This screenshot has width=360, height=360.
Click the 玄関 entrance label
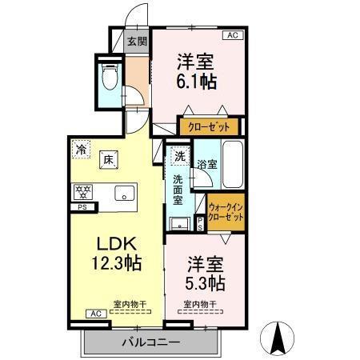click(137, 41)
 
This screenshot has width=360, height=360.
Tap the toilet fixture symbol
click(110, 78)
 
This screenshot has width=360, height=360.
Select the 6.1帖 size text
click(196, 82)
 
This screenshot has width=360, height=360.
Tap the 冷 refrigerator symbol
click(81, 148)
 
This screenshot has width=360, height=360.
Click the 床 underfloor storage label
click(106, 158)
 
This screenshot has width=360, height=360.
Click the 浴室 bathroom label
click(207, 165)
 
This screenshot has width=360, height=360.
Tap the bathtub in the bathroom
click(233, 165)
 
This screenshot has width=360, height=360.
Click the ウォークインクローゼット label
click(225, 212)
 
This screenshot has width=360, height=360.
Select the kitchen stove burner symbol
click(82, 192)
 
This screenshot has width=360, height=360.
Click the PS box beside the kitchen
click(82, 208)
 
